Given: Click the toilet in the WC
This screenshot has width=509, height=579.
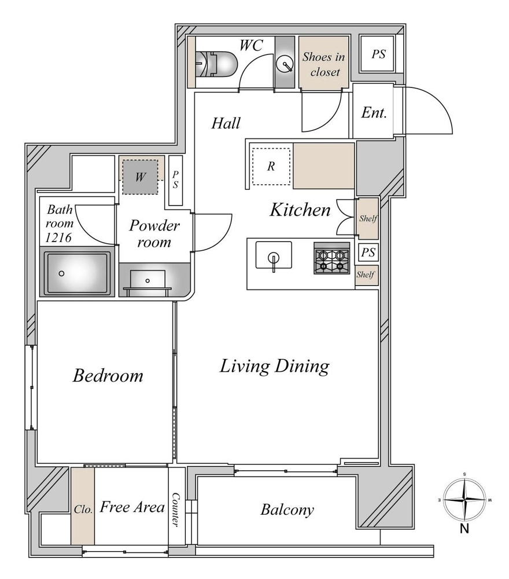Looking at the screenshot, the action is pyautogui.click(x=215, y=64).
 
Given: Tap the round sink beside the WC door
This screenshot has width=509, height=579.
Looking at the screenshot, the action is pyautogui.click(x=285, y=63).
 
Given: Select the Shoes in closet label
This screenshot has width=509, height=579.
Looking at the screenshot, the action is pyautogui.click(x=324, y=64).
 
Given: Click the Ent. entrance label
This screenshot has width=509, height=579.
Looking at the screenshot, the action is pyautogui.click(x=374, y=113).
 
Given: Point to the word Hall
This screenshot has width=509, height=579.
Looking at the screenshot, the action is pyautogui.click(x=226, y=123).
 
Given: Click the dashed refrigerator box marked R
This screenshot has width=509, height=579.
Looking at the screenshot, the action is pyautogui.click(x=271, y=167).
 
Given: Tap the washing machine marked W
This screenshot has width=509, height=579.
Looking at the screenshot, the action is pyautogui.click(x=140, y=177).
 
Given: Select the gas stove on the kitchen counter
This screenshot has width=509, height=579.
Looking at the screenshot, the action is pyautogui.click(x=331, y=258).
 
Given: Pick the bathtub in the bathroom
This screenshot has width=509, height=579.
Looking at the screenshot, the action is pyautogui.click(x=78, y=274).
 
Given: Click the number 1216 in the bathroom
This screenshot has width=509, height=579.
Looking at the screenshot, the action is pyautogui.click(x=58, y=237).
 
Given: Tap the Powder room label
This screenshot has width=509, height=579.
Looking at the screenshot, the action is pyautogui.click(x=154, y=233).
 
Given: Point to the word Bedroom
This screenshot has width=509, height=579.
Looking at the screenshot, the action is pyautogui.click(x=108, y=376).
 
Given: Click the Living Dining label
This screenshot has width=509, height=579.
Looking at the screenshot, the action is pyautogui.click(x=274, y=367).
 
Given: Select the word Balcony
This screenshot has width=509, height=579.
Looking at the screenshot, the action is pyautogui.click(x=287, y=510).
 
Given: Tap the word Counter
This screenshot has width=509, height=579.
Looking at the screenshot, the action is pyautogui.click(x=176, y=510).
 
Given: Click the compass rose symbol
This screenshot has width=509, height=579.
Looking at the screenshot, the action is pyautogui.click(x=464, y=500).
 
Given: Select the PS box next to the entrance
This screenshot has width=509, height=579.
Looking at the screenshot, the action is pyautogui.click(x=378, y=54).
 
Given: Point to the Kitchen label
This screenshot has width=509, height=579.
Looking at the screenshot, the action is pyautogui.click(x=300, y=210).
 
